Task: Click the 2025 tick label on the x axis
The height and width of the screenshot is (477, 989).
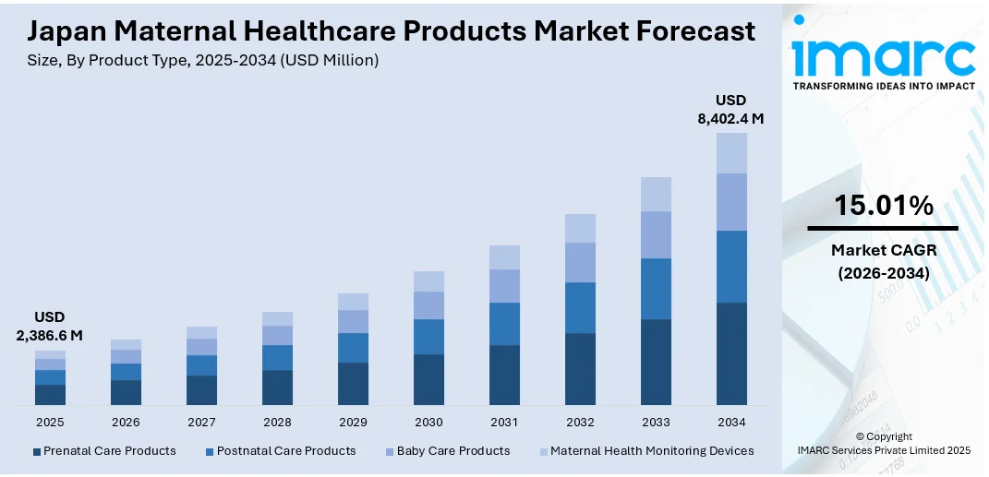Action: [50, 422]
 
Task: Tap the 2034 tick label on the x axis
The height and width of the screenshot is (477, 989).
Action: [731, 422]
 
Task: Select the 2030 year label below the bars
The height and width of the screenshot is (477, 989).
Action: [428, 422]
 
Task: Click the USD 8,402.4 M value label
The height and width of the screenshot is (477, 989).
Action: [730, 110]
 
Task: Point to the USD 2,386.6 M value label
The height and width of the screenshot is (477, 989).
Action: [50, 327]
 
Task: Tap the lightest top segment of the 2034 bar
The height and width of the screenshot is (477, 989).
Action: [731, 153]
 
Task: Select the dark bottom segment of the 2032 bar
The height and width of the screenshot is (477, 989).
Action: [580, 369]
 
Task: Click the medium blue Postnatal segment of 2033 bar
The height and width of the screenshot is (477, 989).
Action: [656, 289]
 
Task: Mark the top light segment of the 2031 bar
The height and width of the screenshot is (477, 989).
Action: [504, 257]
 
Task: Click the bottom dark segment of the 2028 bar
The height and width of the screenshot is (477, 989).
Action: [277, 388]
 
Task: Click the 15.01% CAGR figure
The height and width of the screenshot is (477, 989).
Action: [883, 205]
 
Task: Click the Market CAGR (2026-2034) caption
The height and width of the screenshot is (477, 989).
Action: [883, 262]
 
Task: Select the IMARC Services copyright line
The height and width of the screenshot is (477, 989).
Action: [883, 450]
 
